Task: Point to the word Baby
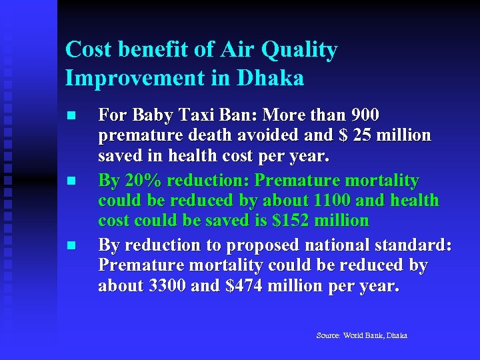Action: [153, 115]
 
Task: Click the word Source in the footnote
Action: [328, 335]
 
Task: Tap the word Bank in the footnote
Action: [375, 335]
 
